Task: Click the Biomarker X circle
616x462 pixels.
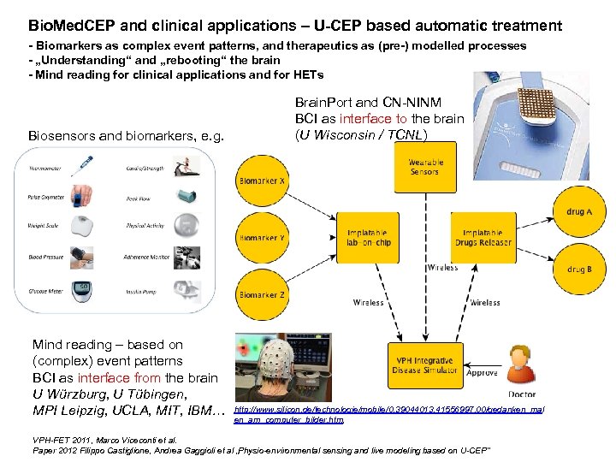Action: (263, 182)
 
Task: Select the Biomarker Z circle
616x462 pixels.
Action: (263, 294)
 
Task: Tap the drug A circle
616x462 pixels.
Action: (578, 211)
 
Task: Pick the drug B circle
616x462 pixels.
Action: (578, 269)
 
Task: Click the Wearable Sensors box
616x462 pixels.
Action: (424, 167)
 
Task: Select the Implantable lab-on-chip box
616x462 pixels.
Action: (368, 237)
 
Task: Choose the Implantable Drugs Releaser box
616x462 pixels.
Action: (486, 237)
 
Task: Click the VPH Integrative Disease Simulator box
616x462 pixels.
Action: (424, 366)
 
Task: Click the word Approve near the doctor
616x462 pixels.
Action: (482, 374)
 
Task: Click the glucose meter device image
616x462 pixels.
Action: (85, 288)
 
